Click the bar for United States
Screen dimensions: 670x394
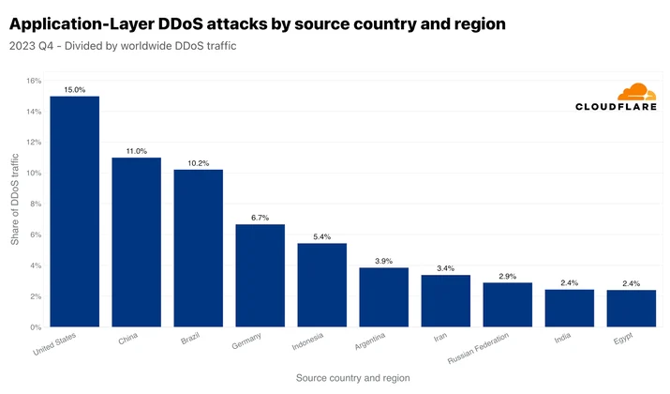(x=74, y=211)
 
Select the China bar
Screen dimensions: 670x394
(x=136, y=242)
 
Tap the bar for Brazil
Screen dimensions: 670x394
(x=199, y=248)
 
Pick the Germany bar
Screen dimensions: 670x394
(x=261, y=276)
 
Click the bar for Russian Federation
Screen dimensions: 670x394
(x=508, y=305)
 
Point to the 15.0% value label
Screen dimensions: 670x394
(x=74, y=90)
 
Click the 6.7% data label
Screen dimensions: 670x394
(x=261, y=218)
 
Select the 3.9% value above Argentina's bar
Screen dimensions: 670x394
(x=383, y=261)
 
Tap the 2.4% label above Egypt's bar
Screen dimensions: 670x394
(x=632, y=283)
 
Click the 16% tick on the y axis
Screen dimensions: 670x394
(x=34, y=81)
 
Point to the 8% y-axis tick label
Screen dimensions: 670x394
(x=36, y=205)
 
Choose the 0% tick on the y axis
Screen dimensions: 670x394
(x=36, y=327)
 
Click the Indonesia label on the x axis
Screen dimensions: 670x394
(x=307, y=341)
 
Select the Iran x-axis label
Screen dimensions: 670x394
(x=440, y=337)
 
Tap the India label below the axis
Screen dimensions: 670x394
(x=562, y=338)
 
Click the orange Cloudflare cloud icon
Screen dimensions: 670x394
(x=636, y=92)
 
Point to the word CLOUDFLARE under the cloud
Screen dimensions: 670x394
(x=616, y=107)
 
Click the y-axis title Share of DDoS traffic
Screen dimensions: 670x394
(x=15, y=200)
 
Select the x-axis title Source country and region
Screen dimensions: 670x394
(x=353, y=378)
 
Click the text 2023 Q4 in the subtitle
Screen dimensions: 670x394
(x=31, y=46)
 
